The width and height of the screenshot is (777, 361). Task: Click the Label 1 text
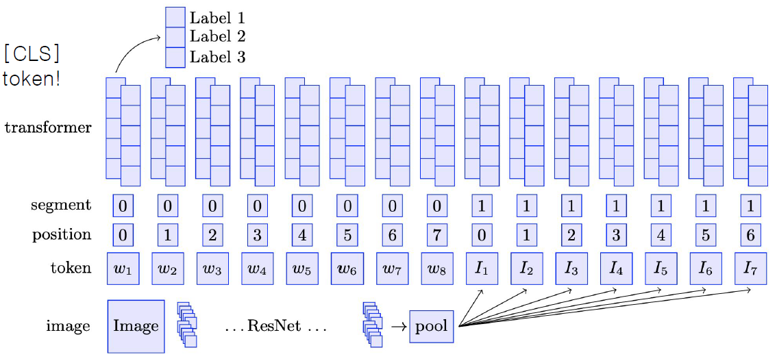point(217,18)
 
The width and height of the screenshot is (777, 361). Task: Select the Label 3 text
point(217,58)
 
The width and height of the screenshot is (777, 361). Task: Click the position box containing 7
point(436,235)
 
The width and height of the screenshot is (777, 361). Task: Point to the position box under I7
point(750,235)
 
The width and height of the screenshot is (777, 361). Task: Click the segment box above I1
point(482,206)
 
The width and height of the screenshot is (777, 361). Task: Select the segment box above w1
point(123,206)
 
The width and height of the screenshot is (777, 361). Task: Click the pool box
point(432,326)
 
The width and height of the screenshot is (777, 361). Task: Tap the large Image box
point(136,326)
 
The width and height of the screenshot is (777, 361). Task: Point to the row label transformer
point(47,127)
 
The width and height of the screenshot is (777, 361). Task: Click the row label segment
point(61,206)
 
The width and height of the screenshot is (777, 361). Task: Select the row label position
point(62,235)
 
